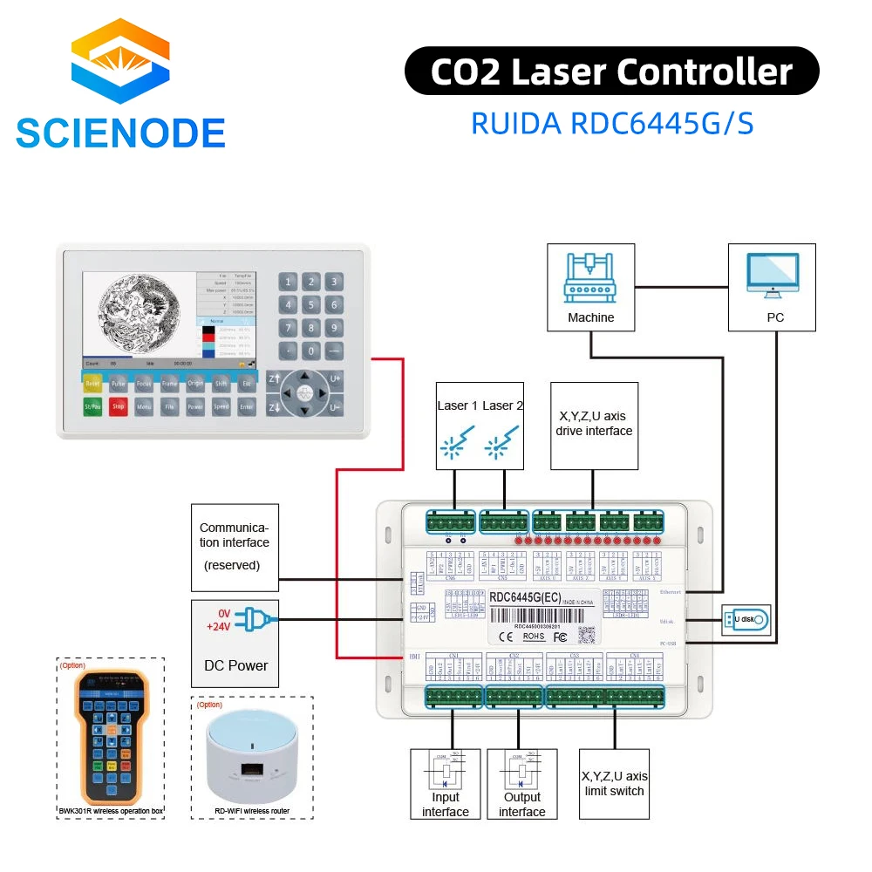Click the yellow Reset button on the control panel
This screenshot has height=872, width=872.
tap(93, 383)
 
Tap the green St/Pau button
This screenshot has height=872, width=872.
tap(93, 406)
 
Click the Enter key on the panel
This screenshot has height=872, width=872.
tap(247, 406)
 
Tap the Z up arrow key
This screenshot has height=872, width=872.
tap(273, 379)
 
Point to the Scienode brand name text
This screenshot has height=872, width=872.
tap(120, 133)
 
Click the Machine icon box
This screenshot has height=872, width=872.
tap(590, 287)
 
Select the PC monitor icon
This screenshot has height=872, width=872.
tap(773, 276)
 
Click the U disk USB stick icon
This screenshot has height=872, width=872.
tap(746, 620)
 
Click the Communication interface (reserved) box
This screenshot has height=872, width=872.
tap(235, 547)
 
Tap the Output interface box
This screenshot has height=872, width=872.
tap(521, 783)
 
